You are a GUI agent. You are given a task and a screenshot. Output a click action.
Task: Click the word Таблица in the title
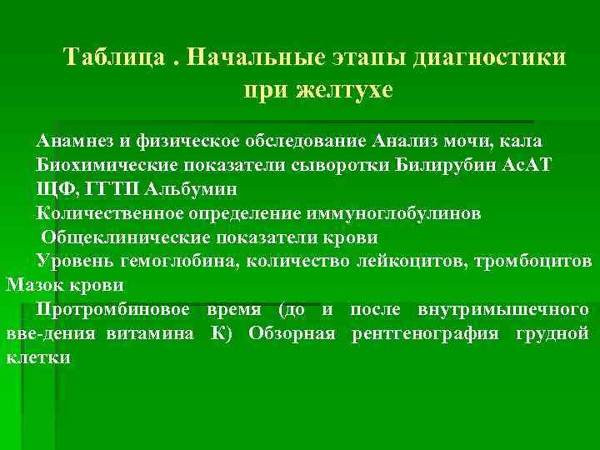(107, 59)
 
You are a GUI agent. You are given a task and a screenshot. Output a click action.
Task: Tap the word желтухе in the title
(344, 90)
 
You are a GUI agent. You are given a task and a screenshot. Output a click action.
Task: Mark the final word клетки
(38, 358)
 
